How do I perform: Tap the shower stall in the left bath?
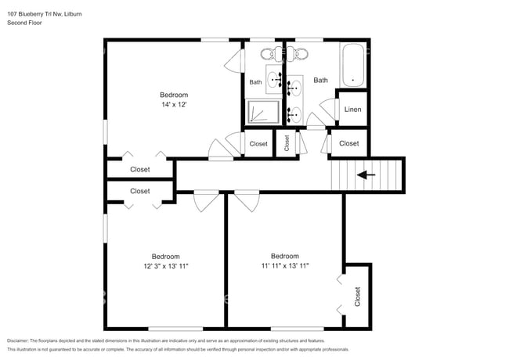point(263,112)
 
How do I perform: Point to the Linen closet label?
point(352,109)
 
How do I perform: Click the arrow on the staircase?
point(366,175)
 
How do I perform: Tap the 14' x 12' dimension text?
point(174,104)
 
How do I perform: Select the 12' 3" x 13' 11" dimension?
point(165,266)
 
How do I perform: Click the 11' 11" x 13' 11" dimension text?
point(284,265)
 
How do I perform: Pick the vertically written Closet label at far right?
point(357,297)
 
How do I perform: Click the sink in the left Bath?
point(276,78)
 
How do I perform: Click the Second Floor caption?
point(25,23)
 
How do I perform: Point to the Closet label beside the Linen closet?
point(349,143)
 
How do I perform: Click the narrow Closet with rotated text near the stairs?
point(287,143)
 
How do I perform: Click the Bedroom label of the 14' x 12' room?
point(174,95)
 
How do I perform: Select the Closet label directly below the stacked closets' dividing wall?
point(140,191)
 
